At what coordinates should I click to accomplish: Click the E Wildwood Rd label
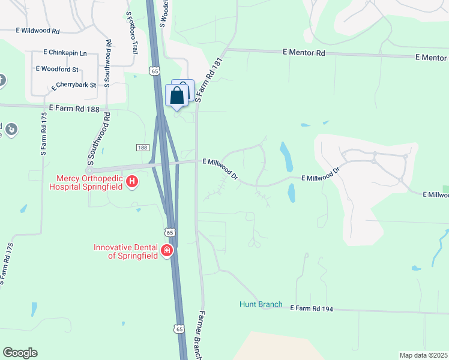coord(38,31)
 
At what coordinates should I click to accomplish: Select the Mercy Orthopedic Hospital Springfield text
coord(89,182)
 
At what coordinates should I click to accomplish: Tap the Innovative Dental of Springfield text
coord(125,251)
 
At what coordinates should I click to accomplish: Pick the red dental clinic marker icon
coord(167,250)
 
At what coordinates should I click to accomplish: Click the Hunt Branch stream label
coord(261,304)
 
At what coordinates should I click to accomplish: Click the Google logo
coord(20,353)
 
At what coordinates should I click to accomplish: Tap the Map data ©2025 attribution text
coord(423,355)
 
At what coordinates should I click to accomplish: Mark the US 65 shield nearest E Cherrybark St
coord(154,72)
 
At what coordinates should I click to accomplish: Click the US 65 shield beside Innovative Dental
coord(170,232)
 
